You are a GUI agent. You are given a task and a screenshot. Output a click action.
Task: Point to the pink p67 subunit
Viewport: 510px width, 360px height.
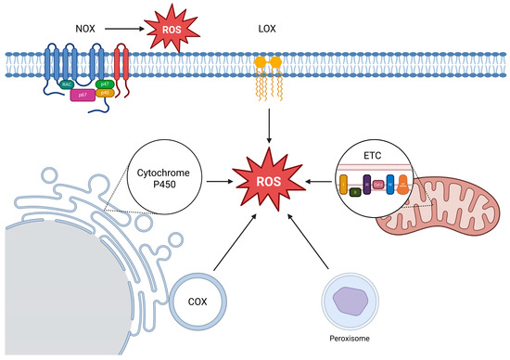click(80, 95)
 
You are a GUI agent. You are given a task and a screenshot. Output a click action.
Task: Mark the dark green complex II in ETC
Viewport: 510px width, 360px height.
click(355, 193)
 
